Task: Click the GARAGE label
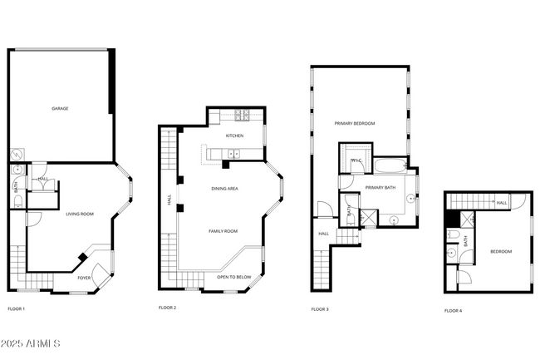coord(60,108)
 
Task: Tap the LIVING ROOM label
coord(80,215)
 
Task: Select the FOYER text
coord(85,278)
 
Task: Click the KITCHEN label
coord(235,136)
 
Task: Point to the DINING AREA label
coord(224,189)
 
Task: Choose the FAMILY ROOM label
coord(223,230)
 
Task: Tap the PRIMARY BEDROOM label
coord(355,123)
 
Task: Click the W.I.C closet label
coord(356,160)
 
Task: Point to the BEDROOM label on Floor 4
coord(500,251)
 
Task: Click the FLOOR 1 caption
coord(17,309)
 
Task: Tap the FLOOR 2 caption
coord(168,308)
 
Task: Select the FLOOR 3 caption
coord(320,309)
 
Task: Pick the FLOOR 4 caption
coord(453,310)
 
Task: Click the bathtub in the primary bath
coord(388,165)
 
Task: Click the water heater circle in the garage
coord(16,155)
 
